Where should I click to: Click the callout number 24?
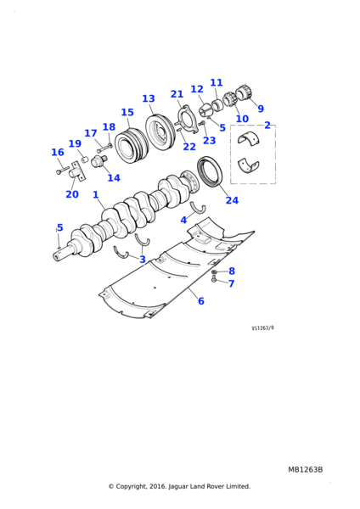(232, 200)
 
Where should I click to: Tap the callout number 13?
(149, 98)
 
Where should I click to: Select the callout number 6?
(201, 301)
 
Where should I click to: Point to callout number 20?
(72, 194)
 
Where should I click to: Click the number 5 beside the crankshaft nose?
(59, 227)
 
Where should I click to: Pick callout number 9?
(261, 109)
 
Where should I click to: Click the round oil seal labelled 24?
(210, 172)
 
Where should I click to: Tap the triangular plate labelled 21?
(187, 119)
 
